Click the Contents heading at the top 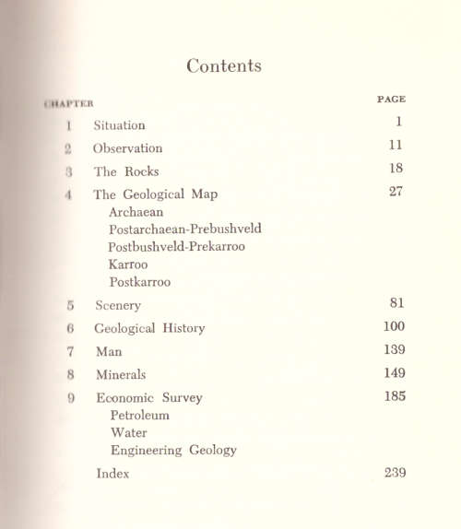(x=223, y=65)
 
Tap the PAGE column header (x=392, y=99)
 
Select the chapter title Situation (x=119, y=124)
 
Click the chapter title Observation (x=127, y=147)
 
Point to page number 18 (x=396, y=169)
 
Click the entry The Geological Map (x=155, y=194)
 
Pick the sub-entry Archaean (x=137, y=211)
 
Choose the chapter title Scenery (x=118, y=305)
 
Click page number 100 (x=394, y=326)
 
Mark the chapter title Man (x=109, y=351)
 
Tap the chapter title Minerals (x=121, y=374)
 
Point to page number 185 (x=394, y=397)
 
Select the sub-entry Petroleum (x=140, y=415)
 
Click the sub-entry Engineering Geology (x=173, y=450)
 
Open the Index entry (x=112, y=474)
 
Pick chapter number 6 (x=69, y=328)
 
